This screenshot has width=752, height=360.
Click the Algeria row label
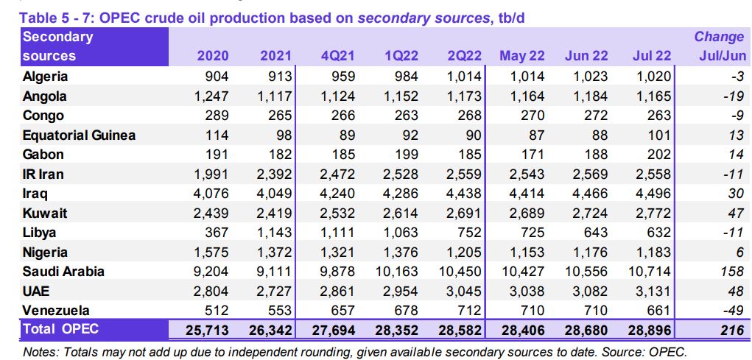coord(46,77)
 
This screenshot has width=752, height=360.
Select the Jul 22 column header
coord(652,56)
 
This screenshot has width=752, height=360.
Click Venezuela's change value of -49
coord(729,311)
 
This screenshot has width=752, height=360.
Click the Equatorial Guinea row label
coord(79,135)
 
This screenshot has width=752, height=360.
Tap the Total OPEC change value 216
coord(731,330)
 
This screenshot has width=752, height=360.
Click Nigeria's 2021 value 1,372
coord(274,253)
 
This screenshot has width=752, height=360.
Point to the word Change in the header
coord(719,37)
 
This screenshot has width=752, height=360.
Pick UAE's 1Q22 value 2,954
coord(400,292)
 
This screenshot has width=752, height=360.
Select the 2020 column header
coord(212,56)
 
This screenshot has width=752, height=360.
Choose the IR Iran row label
coord(43,174)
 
